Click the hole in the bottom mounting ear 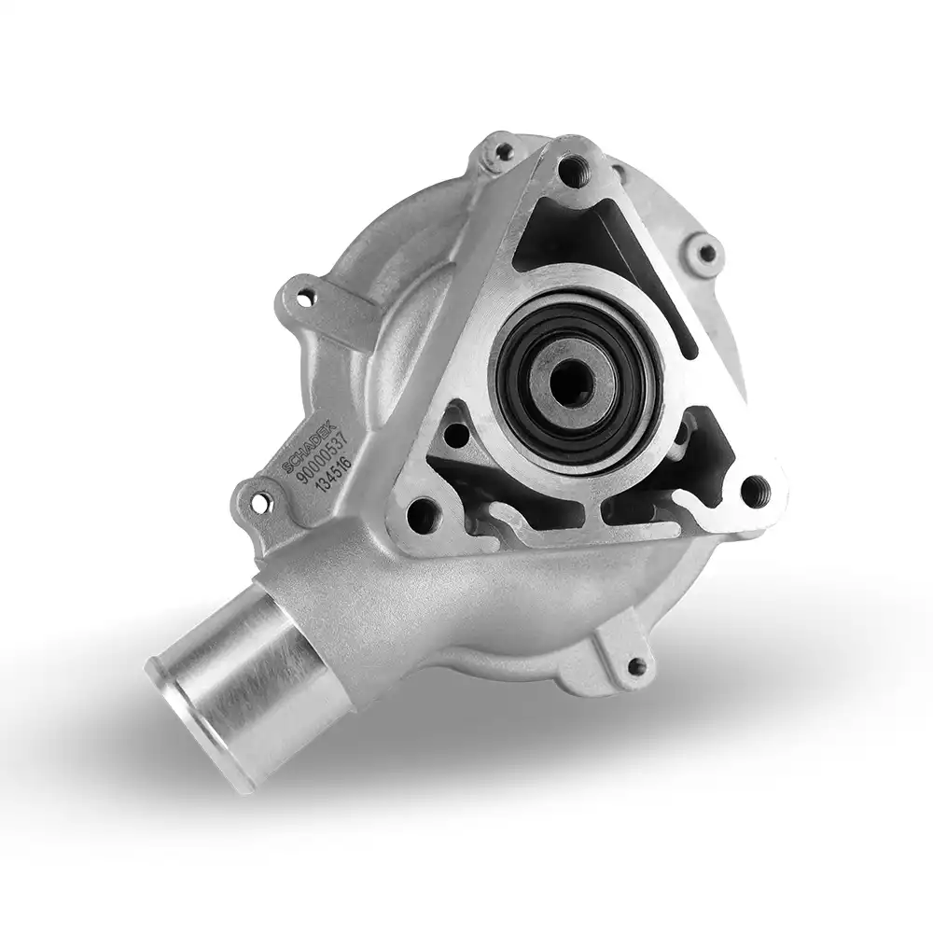click(636, 664)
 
